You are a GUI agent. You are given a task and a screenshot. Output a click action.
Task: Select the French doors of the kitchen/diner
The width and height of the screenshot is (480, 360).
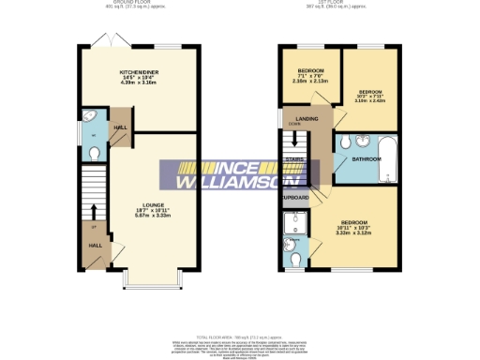[x=102, y=43]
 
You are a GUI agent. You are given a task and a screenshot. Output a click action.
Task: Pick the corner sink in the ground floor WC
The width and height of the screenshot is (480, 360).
[x=91, y=118]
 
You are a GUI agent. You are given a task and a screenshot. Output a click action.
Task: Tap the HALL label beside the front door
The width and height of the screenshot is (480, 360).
[x=95, y=245]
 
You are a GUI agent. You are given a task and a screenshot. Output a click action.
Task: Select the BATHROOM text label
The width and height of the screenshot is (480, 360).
[x=366, y=159]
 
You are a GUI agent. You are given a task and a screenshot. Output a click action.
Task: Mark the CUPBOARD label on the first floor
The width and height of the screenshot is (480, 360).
[x=296, y=198]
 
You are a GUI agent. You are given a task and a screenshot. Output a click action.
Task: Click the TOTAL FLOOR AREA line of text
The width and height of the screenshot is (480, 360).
[x=241, y=335]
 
